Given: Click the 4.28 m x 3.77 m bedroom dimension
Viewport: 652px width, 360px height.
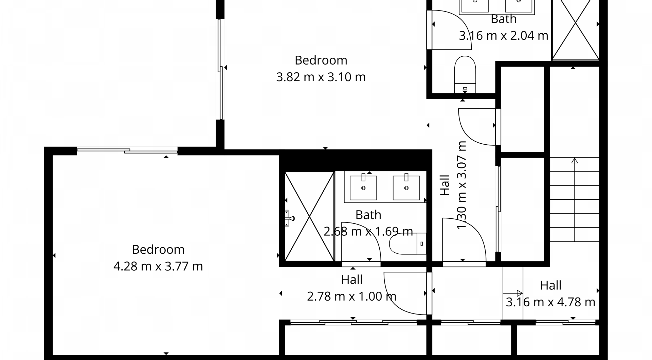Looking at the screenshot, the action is pyautogui.click(x=158, y=266).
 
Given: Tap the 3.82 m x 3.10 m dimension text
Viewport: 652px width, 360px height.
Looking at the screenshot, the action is pyautogui.click(x=321, y=77).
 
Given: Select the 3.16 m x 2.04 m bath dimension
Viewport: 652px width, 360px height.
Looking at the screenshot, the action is pyautogui.click(x=504, y=35).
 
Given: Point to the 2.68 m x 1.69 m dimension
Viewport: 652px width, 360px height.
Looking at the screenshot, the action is pyautogui.click(x=368, y=231).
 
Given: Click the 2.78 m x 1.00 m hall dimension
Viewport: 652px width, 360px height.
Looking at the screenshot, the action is pyautogui.click(x=351, y=296).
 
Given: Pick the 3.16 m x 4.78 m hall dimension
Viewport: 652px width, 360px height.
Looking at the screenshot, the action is pyautogui.click(x=550, y=302).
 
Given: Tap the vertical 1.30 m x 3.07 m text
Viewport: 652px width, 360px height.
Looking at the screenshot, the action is pyautogui.click(x=461, y=185).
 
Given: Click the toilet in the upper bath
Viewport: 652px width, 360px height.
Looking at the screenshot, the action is pyautogui.click(x=465, y=74).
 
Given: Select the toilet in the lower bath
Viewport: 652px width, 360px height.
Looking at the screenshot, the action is pyautogui.click(x=407, y=244).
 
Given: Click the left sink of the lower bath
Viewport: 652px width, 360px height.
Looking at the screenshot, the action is pyautogui.click(x=363, y=187).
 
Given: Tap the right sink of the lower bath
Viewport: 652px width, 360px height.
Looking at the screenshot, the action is pyautogui.click(x=406, y=187).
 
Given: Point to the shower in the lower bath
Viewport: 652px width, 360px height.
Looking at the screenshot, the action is pyautogui.click(x=309, y=216).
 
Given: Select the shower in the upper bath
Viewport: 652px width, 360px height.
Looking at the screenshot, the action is pyautogui.click(x=575, y=30).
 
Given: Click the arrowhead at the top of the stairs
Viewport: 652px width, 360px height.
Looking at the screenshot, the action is pyautogui.click(x=574, y=161).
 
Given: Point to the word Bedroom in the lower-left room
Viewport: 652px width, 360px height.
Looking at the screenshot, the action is pyautogui.click(x=158, y=250).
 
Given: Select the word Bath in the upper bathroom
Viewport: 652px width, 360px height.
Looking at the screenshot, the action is pyautogui.click(x=504, y=19).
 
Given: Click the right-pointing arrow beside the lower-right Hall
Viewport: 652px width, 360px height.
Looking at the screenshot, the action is pyautogui.click(x=513, y=293).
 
